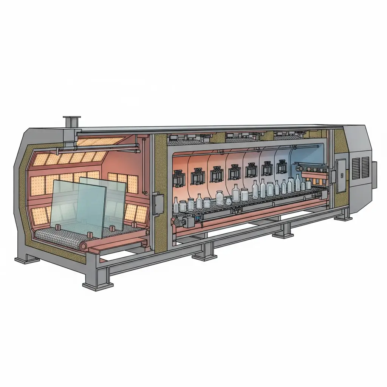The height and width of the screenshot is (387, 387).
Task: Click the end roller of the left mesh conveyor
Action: pyautogui.click(x=83, y=246)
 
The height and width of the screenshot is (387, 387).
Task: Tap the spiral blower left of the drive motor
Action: pyautogui.click(x=176, y=221)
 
